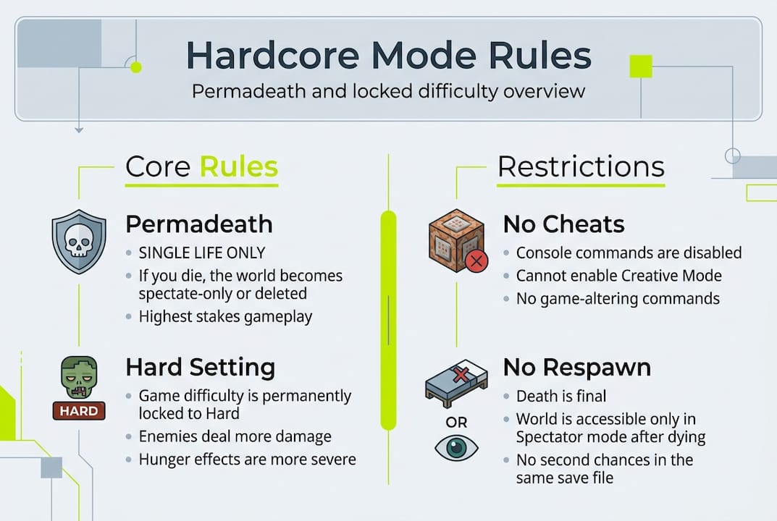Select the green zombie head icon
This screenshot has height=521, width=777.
79,378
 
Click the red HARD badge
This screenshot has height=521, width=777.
79,412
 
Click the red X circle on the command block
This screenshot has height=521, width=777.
476,261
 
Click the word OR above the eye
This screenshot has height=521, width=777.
456,422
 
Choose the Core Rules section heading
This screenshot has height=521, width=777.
201,167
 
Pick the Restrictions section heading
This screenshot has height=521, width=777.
581,167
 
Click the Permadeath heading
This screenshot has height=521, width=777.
199,224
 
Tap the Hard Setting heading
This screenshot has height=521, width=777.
201,368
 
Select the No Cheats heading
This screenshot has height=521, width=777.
563,224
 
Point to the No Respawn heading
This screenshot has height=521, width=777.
576,368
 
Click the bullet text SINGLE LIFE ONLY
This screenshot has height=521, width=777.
202,253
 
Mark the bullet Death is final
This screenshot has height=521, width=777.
561,397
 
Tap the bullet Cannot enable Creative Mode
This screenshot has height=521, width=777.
618,276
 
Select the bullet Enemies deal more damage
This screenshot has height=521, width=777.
235,437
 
